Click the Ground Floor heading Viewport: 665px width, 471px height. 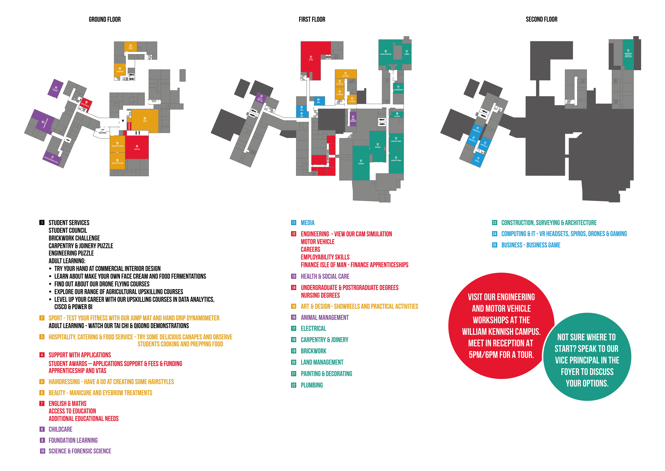[x=105, y=19]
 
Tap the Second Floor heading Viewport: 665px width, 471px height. [x=541, y=19]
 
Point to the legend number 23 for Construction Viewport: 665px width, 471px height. [x=494, y=223]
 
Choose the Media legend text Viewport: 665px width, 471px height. [x=307, y=223]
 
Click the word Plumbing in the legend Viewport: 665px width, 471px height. [x=312, y=385]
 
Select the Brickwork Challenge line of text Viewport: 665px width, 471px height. [x=74, y=238]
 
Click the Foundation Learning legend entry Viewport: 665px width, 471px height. [x=73, y=440]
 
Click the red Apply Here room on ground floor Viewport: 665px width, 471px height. [x=137, y=147]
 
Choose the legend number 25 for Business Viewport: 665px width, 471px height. [x=494, y=245]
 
